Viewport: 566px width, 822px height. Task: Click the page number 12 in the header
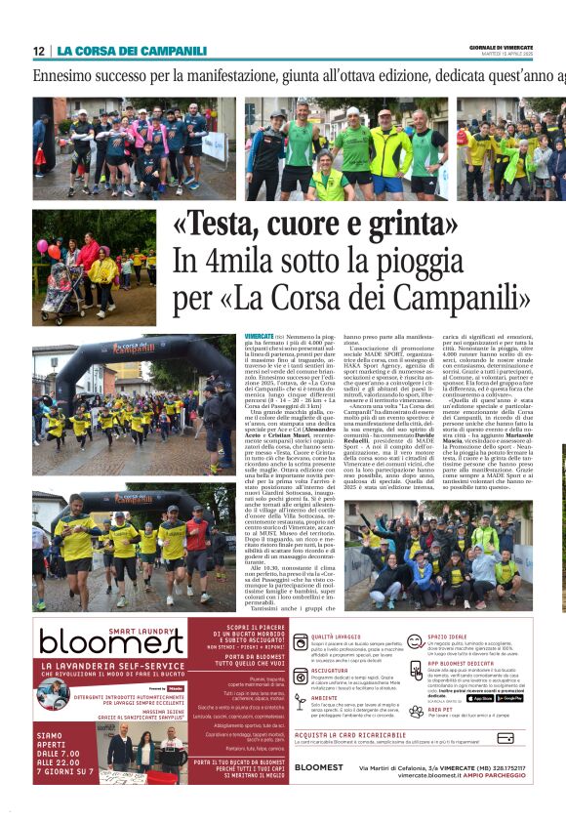(39, 51)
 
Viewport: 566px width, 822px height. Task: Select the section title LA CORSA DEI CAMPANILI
(132, 51)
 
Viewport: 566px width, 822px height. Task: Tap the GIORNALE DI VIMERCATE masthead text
(528, 47)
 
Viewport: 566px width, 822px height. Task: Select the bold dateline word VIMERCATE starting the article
(259, 335)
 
